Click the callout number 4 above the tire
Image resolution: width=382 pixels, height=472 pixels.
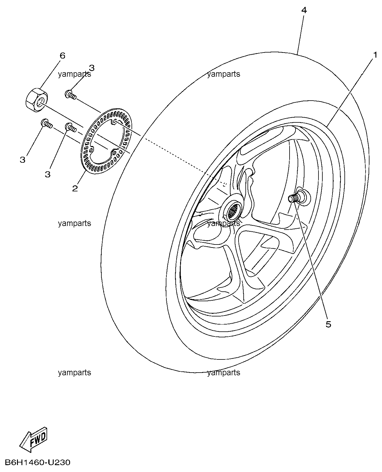pos(304,10)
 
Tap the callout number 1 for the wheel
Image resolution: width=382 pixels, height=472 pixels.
pos(375,55)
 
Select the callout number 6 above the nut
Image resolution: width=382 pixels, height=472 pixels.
pos(63,56)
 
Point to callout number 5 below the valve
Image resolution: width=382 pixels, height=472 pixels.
pos(328,324)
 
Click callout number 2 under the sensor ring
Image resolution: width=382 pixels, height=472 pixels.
pos(75,188)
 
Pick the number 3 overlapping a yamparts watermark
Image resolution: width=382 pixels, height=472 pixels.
pos(92,68)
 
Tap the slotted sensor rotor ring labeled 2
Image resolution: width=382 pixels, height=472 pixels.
pos(106,141)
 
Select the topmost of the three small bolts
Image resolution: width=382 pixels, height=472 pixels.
pos(71,95)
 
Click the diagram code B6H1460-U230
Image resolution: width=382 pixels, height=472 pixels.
pos(38,462)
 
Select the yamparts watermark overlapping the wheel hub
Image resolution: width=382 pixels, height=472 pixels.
pos(224,223)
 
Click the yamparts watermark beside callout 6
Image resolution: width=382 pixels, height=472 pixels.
pos(75,74)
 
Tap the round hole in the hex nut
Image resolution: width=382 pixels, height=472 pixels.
pos(40,103)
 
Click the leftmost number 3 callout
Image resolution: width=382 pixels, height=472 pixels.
pos(23,159)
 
